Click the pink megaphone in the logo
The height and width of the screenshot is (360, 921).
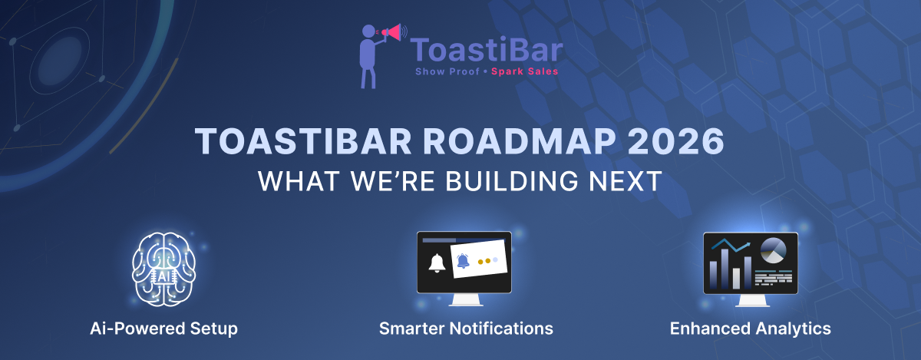pos(392,33)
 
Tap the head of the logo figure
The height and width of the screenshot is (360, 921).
pos(369,31)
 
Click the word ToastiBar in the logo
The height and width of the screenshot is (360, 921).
pos(487,51)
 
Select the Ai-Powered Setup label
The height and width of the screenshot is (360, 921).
pos(163,329)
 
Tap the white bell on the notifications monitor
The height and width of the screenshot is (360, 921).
pos(437,263)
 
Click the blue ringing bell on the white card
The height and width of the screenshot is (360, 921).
pos(463,261)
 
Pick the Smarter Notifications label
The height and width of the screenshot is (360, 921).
pos(466,329)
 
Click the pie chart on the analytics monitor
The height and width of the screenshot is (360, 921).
pos(774,250)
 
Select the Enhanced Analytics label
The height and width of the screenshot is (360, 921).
pos(750,329)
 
